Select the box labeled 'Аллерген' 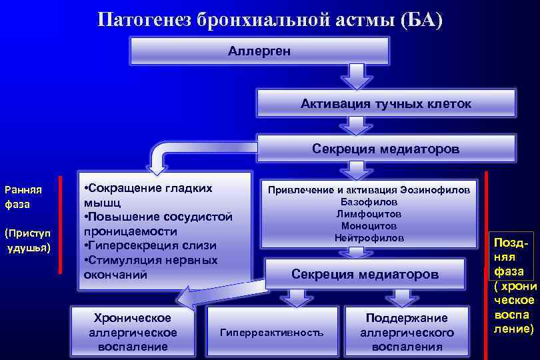pos(259,51)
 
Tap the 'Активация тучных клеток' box pos(385,104)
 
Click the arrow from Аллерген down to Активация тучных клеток pos(359,76)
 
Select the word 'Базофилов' pos(369,201)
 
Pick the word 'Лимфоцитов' pos(369,214)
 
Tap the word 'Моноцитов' pos(369,226)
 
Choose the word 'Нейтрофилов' pos(369,238)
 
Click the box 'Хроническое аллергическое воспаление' pos(133,332)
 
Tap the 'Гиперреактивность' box pos(271,332)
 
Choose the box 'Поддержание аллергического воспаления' pos(407,332)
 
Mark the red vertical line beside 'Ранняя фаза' pos(61,225)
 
